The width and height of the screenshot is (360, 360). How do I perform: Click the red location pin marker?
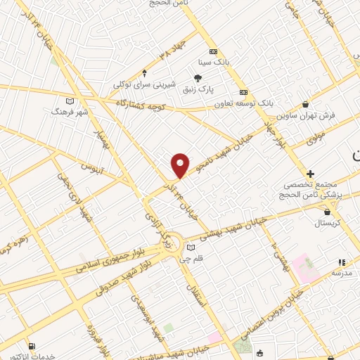click(181, 165)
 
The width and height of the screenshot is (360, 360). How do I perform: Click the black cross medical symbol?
click(310, 173)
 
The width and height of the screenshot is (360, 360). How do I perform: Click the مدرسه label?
click(341, 271)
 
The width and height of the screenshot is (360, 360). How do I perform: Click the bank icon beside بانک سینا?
click(213, 51)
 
